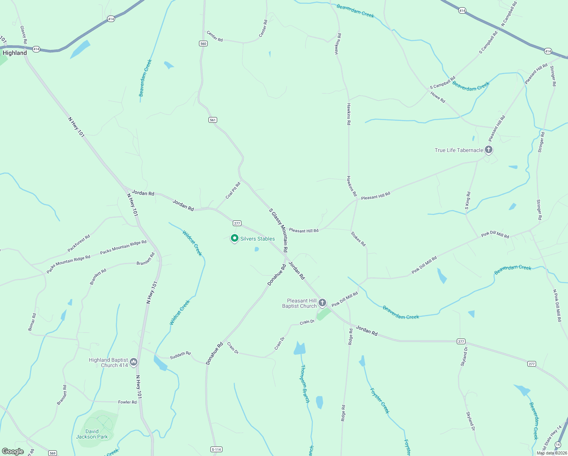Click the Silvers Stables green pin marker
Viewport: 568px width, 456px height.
pos(235,239)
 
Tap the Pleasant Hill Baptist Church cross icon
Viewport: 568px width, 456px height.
pos(322,303)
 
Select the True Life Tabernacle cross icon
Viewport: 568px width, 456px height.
pos(489,150)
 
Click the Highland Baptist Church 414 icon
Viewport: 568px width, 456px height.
pos(133,362)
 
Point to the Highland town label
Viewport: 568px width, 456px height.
pos(15,53)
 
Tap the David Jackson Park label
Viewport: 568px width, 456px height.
pos(92,434)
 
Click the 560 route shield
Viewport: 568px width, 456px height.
pos(203,44)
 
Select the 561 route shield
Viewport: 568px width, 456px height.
pos(213,120)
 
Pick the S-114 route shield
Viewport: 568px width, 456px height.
pos(216,450)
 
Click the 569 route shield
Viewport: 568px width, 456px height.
pos(52,453)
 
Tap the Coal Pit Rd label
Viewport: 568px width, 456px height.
pos(233,190)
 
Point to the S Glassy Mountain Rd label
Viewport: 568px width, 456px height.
pos(278,230)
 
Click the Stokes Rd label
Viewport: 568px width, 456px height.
pos(358,239)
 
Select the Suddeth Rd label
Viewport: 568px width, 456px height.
pos(180,355)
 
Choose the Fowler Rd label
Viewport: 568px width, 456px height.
pos(127,402)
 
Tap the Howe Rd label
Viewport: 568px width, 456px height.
pos(438,97)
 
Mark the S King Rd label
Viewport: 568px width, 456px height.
pos(468,201)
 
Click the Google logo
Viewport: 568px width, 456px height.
pos(13,451)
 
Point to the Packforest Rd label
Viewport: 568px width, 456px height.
pos(79,243)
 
